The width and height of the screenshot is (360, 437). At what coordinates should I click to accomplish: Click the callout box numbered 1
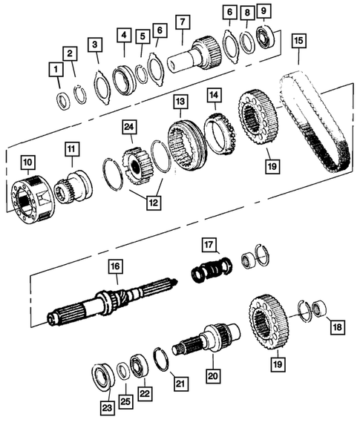pos(54,70)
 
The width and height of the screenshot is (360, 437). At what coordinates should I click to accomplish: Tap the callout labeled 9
pos(265,11)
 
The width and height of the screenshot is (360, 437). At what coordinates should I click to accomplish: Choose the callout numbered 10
pos(27,162)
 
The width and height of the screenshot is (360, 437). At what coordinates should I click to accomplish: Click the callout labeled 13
pos(180,100)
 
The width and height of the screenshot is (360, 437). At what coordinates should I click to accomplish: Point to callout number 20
pos(214,377)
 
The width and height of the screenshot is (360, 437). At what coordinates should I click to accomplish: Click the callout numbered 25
pos(124,401)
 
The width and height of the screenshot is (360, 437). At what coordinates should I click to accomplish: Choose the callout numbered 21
pos(178,383)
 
